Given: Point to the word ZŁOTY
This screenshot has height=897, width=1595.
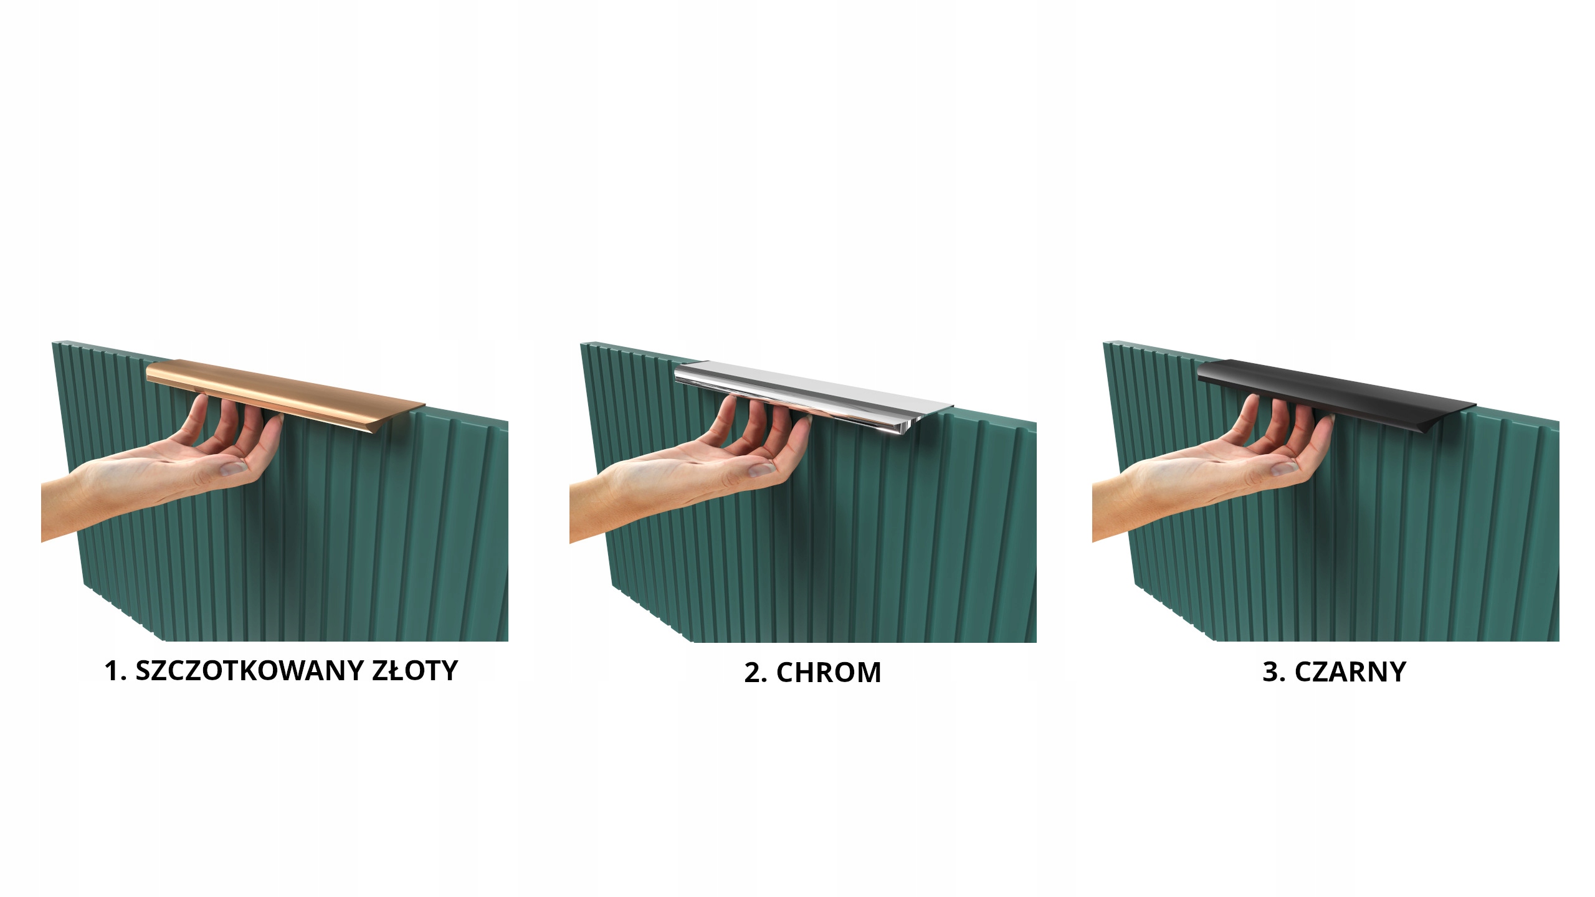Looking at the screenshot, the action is pos(416,671).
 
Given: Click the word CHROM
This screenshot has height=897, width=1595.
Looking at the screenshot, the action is pos(829,673).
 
